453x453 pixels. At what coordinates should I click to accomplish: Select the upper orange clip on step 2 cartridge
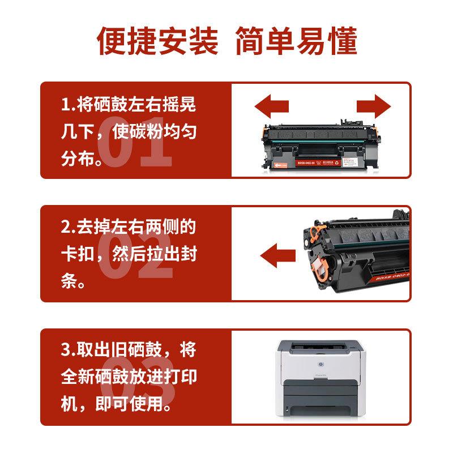point(317,230)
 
